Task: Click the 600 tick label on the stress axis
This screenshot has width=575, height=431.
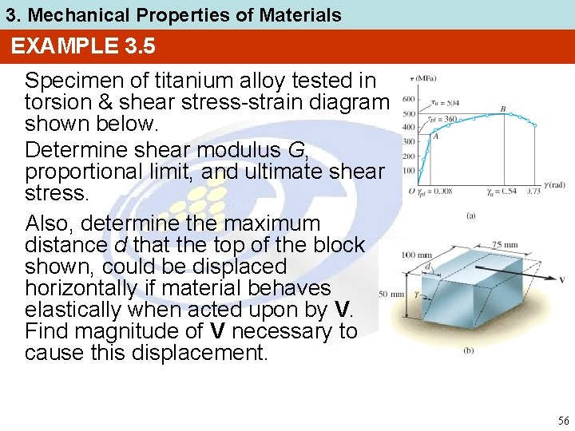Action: (x=408, y=99)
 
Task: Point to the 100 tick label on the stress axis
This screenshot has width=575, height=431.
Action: (x=408, y=171)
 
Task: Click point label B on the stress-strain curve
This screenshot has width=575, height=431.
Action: (x=502, y=108)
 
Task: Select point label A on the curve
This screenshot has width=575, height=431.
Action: (x=435, y=136)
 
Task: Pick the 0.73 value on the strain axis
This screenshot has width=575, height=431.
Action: (x=533, y=192)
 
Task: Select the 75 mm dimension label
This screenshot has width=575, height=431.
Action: (x=505, y=245)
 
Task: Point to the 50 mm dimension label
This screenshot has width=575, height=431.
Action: (x=391, y=295)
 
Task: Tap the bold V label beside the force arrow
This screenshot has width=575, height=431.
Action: (x=562, y=280)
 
